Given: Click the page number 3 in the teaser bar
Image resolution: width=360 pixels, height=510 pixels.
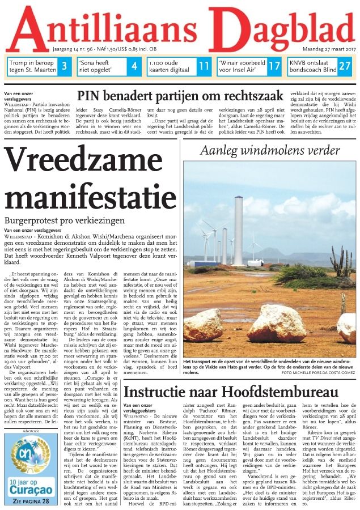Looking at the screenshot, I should tap(65, 66).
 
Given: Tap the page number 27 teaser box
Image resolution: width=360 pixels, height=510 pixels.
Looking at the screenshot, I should tap(344, 66).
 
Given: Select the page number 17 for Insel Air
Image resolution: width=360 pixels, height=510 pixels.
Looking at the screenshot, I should tap(274, 66).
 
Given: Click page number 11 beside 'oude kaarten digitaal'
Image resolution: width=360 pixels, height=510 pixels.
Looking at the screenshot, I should tap(204, 66).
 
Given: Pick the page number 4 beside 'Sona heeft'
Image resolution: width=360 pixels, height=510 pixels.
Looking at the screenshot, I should tap(134, 66).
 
